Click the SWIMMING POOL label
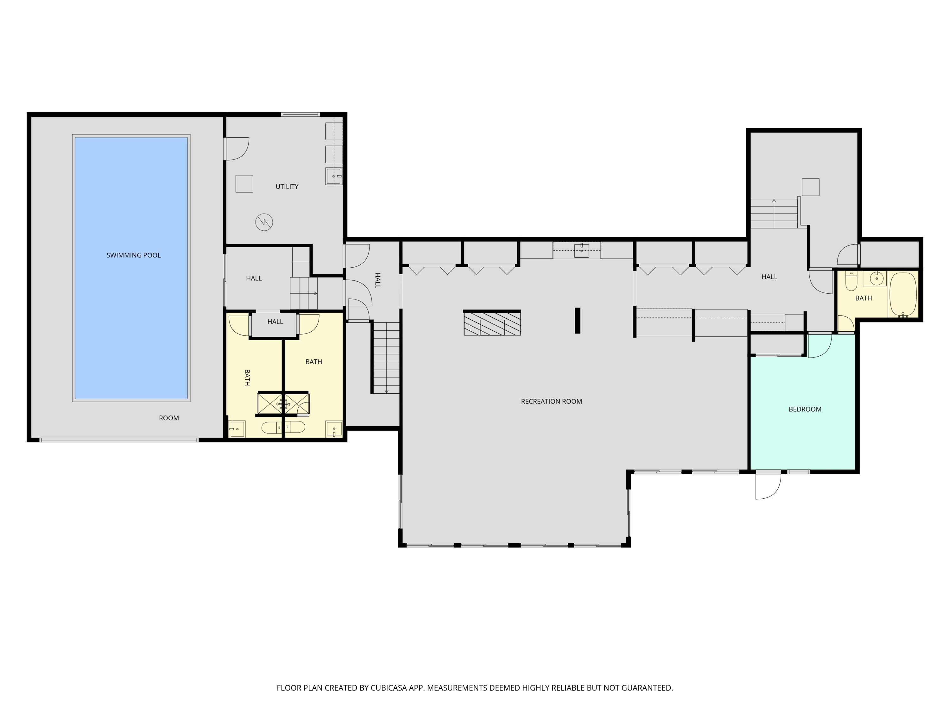coord(134,255)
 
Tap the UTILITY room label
coord(287,187)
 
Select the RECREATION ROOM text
coord(551,402)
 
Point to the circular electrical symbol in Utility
coord(264,222)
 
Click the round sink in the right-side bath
coord(876,278)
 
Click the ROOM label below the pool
coord(169,418)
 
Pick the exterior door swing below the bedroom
coord(768,487)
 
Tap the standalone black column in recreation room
coord(578,320)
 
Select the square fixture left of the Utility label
coord(244,184)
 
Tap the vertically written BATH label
coord(247,377)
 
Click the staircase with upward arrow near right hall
coord(774,213)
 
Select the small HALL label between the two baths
coord(275,322)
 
